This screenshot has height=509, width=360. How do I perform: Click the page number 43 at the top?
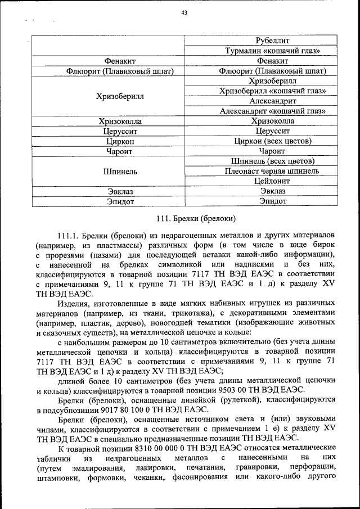pos(184,14)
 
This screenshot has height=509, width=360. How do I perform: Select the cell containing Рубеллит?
pos(256,41)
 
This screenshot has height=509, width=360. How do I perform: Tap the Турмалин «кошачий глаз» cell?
pos(256,51)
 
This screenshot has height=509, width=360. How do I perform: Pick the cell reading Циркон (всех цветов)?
pos(256,141)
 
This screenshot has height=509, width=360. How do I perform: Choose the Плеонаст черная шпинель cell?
pos(256,171)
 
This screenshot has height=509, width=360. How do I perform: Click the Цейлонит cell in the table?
pos(256,181)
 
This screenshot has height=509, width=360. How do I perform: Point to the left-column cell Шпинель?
pos(109,171)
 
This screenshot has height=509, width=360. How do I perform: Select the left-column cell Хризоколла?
pos(109,121)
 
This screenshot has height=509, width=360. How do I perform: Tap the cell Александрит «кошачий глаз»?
pos(256,111)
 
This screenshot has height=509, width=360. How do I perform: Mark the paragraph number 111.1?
pos(69,235)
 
